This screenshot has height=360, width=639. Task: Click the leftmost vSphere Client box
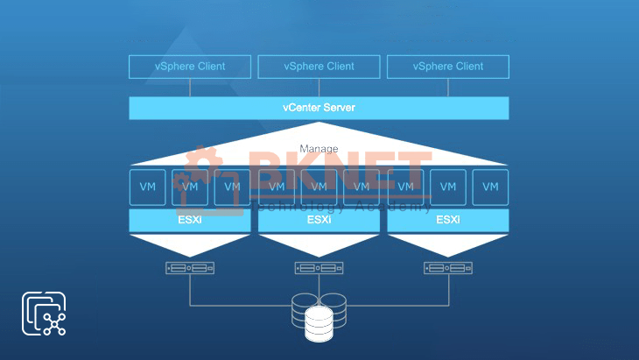[190, 66]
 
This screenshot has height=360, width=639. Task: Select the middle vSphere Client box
[319, 66]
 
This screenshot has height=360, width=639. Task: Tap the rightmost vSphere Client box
[447, 66]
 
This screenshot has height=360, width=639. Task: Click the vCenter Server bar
[319, 108]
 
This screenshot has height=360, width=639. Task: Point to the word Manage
[319, 149]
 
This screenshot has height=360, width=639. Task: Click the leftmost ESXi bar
[190, 220]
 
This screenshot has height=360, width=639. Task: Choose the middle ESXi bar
[319, 220]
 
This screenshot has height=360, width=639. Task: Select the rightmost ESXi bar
[447, 220]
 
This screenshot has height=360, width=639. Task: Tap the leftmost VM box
[147, 187]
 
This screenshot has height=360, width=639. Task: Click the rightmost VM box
[490, 187]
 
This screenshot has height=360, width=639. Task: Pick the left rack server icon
[190, 268]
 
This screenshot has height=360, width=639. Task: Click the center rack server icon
[319, 268]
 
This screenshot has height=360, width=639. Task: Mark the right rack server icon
[447, 268]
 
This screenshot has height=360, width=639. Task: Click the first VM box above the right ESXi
[404, 187]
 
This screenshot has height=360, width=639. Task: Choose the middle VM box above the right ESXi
[447, 187]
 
